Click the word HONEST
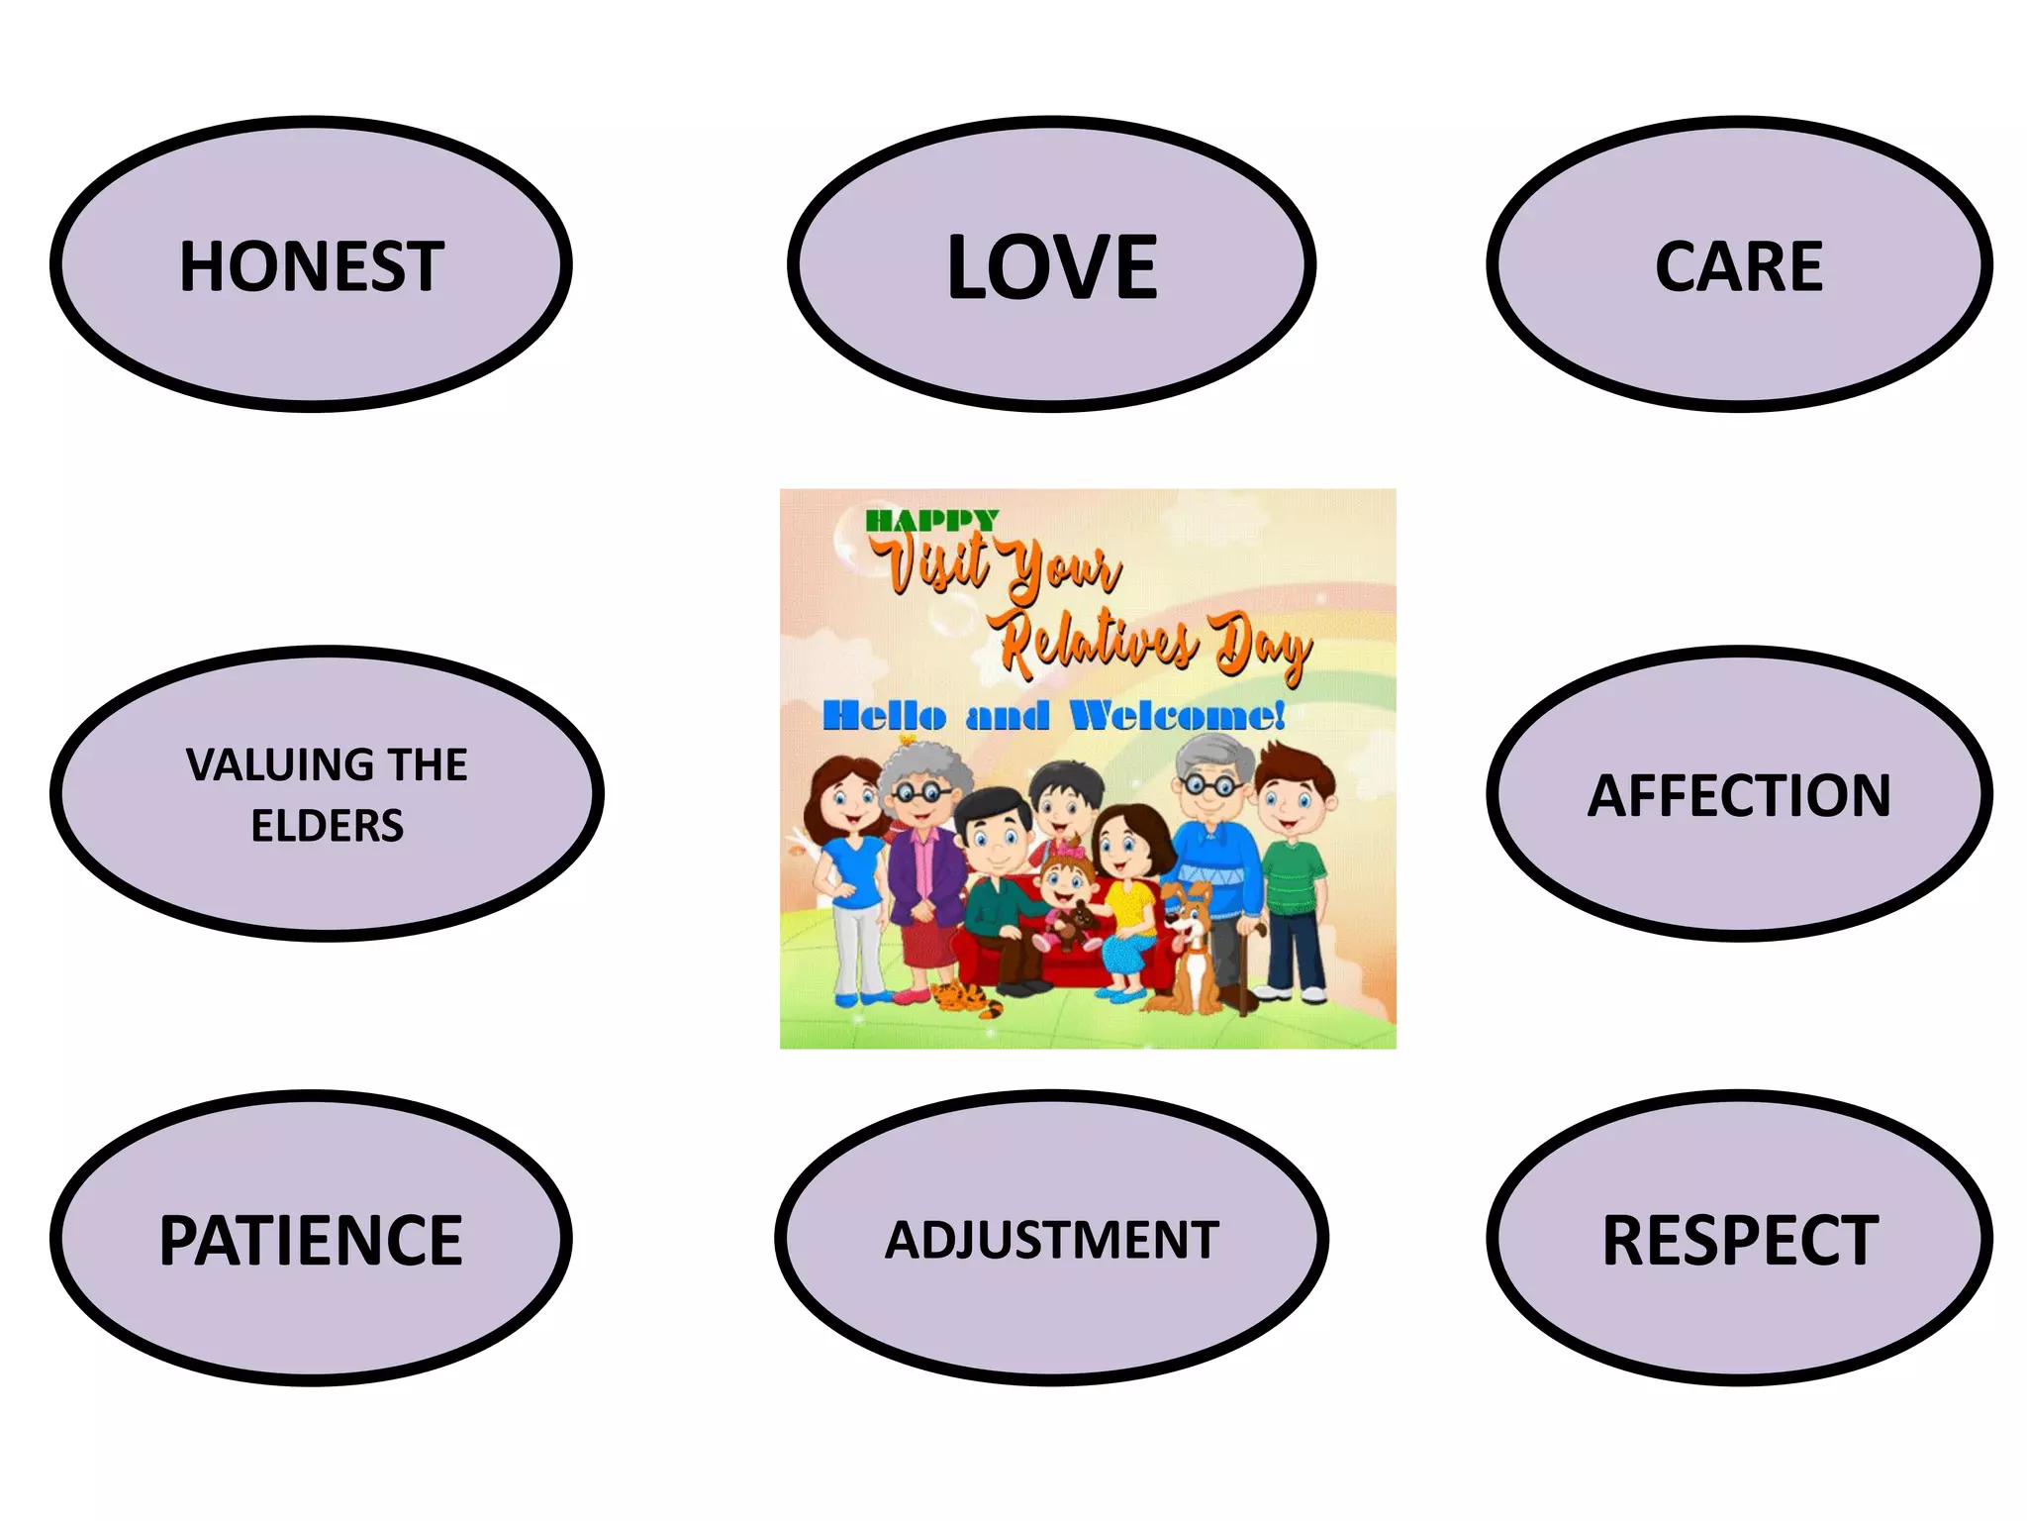coord(311,266)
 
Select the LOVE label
coord(1051,266)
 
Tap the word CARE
coord(1738,266)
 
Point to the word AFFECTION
coord(1739,795)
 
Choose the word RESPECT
coord(1739,1240)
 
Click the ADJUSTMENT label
coord(1051,1240)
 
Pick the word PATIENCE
coord(311,1240)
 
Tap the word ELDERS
coord(327,826)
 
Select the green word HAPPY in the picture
coord(931,520)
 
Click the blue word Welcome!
coord(1178,715)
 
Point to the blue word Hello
coord(884,715)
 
